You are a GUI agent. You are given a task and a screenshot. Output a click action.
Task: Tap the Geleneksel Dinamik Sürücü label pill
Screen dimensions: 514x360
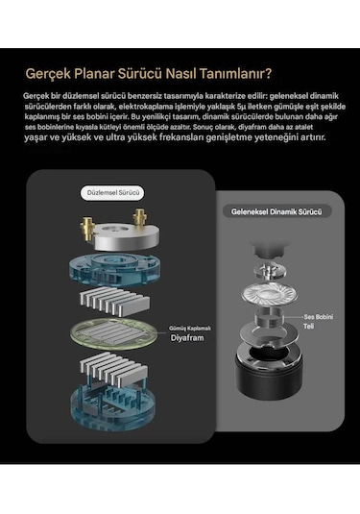(x=270, y=210)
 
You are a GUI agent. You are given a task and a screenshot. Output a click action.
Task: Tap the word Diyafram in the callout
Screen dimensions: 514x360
(x=189, y=339)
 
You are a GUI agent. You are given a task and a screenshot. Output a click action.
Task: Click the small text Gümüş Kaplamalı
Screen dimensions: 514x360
(x=189, y=328)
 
